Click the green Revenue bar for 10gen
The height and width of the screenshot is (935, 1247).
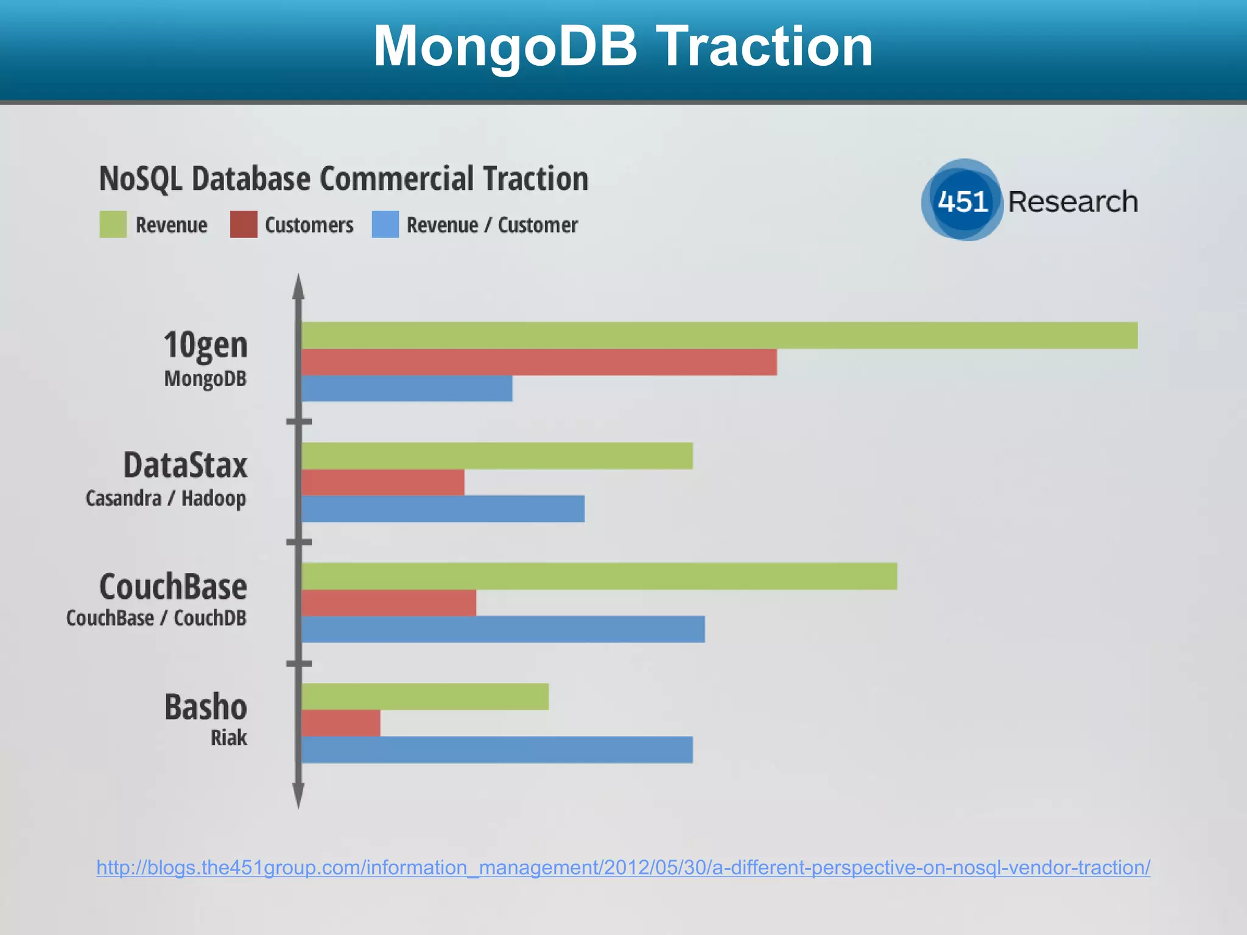718,335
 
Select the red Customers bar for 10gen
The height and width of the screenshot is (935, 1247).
539,362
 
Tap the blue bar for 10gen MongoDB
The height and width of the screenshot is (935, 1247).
407,388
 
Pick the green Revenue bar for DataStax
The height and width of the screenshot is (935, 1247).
497,456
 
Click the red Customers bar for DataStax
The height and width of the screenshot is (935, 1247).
383,482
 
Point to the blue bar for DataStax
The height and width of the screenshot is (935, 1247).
443,509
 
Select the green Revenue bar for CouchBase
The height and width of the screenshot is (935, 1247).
599,576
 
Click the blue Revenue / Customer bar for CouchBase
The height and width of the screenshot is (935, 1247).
503,629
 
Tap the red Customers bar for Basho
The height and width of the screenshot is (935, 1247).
341,723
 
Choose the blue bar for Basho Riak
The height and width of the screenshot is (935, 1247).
497,749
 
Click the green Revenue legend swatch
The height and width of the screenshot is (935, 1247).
113,225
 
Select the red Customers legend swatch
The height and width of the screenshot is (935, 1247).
244,225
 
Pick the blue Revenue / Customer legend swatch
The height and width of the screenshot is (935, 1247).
385,225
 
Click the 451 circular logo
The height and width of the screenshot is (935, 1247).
962,201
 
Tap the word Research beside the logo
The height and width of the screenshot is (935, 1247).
1073,201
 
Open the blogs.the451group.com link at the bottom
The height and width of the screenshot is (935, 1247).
623,867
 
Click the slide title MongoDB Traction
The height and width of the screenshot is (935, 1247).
623,46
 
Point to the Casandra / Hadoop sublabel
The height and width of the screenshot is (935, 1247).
166,499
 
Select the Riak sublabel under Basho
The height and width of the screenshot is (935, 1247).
229,738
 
